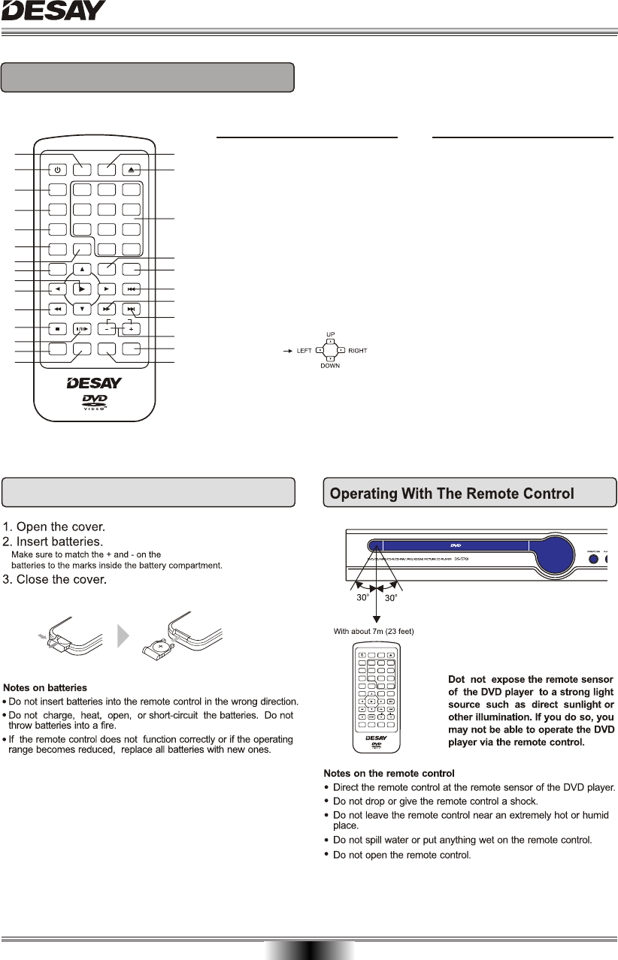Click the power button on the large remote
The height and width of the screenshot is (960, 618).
coord(59,171)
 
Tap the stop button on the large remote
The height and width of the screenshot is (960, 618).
coord(59,328)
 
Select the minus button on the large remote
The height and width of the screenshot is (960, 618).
coord(108,328)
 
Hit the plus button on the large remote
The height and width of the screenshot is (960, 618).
coord(132,328)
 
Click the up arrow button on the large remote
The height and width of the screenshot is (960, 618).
coord(83,269)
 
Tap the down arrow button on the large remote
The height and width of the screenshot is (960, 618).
coord(83,308)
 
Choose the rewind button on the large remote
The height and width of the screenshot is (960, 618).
coord(59,309)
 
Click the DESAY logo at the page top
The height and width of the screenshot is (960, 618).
coord(53,12)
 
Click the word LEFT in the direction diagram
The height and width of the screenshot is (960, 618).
coord(302,351)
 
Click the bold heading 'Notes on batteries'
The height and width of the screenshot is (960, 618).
coord(45,687)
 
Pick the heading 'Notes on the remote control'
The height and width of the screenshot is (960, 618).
coord(389,773)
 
